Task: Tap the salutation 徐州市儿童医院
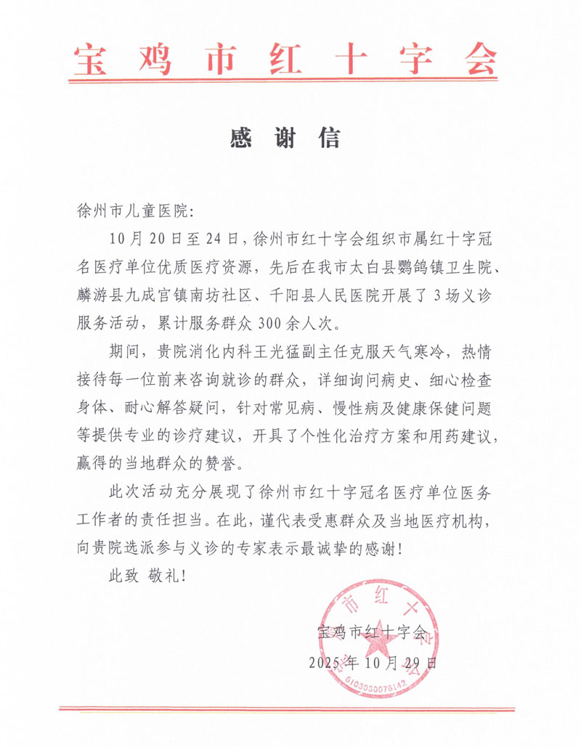pos(131,211)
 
